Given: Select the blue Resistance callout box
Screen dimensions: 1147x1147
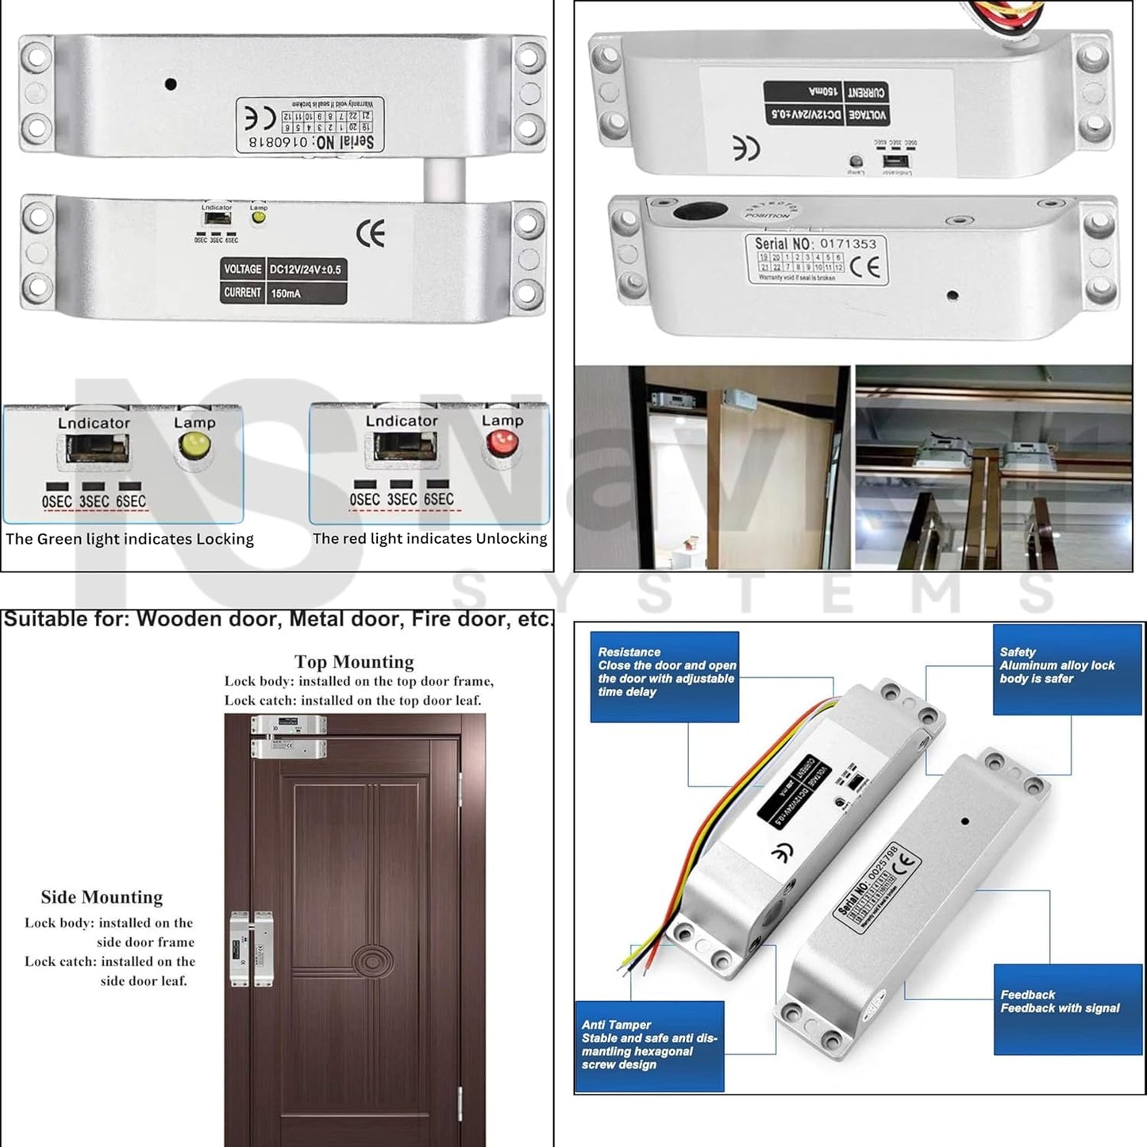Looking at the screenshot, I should [665, 676].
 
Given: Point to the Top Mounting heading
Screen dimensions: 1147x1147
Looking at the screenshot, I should [354, 662].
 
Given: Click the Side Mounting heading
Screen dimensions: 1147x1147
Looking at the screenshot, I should [102, 897].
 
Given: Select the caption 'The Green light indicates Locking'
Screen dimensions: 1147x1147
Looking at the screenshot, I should [129, 540].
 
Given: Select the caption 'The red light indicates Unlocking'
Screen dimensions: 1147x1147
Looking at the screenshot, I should [429, 539].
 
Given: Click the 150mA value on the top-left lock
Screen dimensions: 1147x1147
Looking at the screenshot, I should [286, 294].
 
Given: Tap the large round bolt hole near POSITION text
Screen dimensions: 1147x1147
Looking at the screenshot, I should [700, 211].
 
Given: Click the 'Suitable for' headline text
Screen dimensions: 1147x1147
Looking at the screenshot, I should [278, 620].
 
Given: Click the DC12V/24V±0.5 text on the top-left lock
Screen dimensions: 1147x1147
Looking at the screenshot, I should [306, 270].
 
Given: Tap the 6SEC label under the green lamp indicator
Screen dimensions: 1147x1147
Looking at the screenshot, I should [131, 502].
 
